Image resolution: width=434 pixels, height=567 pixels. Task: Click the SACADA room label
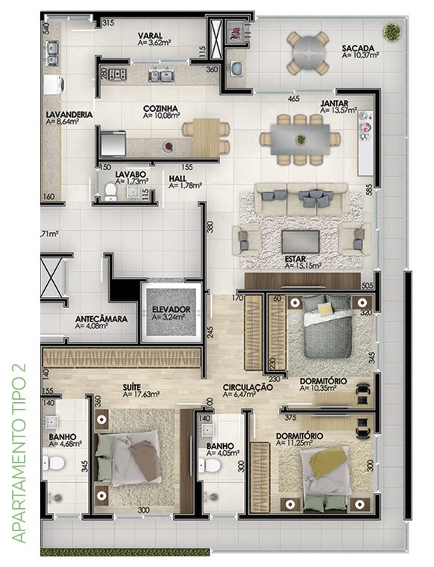[x=358, y=48]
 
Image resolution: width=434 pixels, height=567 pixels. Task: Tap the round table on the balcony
[x=308, y=53]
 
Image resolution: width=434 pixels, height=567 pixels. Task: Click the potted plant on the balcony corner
[x=391, y=32]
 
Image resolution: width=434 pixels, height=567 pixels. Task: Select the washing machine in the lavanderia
[x=54, y=84]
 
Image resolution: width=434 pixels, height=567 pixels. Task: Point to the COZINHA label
[x=160, y=108]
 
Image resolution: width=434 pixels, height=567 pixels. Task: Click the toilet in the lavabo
[x=110, y=192]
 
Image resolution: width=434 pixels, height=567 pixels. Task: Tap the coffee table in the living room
[x=301, y=242]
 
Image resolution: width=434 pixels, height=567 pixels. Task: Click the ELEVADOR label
[x=171, y=310]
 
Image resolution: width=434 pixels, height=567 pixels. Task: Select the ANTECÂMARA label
[x=101, y=319]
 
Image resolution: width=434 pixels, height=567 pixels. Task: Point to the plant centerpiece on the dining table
[x=301, y=140]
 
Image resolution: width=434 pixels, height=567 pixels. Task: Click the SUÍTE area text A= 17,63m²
[x=141, y=394]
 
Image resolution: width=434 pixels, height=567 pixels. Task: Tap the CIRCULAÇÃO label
[x=248, y=387]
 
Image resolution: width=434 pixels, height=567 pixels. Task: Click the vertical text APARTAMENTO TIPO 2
[x=19, y=453]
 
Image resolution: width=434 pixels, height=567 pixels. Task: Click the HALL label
[x=177, y=178]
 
